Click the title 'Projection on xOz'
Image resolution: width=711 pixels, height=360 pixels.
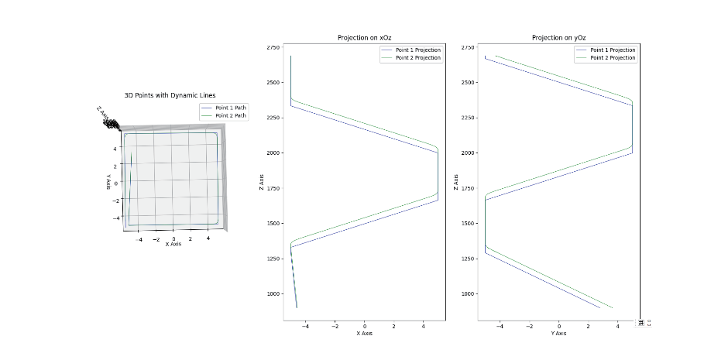coord(363,38)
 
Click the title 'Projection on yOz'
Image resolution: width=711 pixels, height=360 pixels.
coord(558,38)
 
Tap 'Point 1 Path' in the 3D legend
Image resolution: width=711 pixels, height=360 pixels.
coord(230,108)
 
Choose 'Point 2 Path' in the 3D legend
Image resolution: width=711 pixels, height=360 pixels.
coord(230,115)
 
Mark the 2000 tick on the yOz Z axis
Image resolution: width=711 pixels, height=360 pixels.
coord(468,153)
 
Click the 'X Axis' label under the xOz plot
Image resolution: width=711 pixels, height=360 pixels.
coord(363,334)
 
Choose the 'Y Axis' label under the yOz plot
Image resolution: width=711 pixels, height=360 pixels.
coord(558,334)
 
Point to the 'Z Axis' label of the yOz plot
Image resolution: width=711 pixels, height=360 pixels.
coord(455,181)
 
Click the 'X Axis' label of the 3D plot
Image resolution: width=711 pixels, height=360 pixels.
coord(173,245)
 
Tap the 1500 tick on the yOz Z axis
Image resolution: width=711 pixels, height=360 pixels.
coord(468,224)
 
